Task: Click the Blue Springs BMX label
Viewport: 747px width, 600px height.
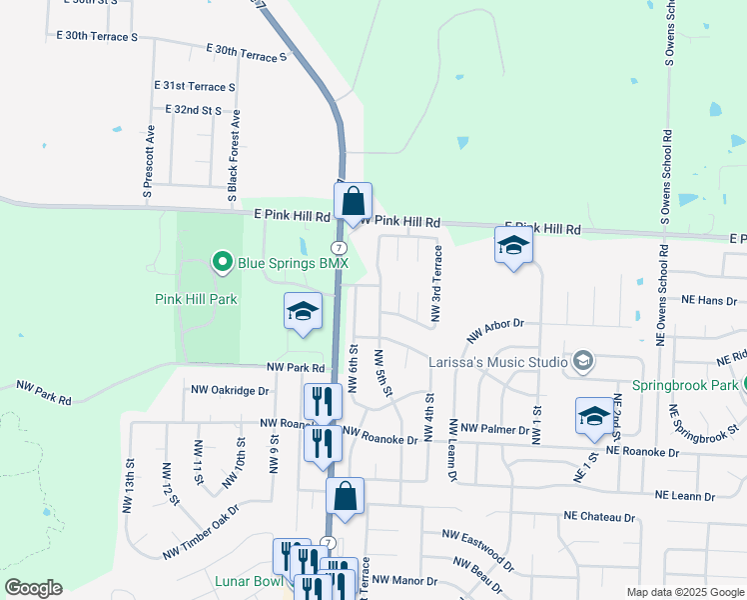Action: pos(293,264)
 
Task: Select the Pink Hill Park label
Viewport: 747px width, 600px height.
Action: pos(196,299)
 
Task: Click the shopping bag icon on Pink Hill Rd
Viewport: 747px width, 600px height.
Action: pos(354,201)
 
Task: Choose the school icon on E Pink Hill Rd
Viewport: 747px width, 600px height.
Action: pos(513,245)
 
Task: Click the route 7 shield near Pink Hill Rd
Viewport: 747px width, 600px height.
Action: pos(340,247)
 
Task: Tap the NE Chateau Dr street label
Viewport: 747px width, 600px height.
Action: pos(599,518)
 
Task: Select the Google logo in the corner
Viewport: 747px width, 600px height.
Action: pos(33,588)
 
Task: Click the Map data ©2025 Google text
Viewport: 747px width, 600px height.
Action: pos(684,592)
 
